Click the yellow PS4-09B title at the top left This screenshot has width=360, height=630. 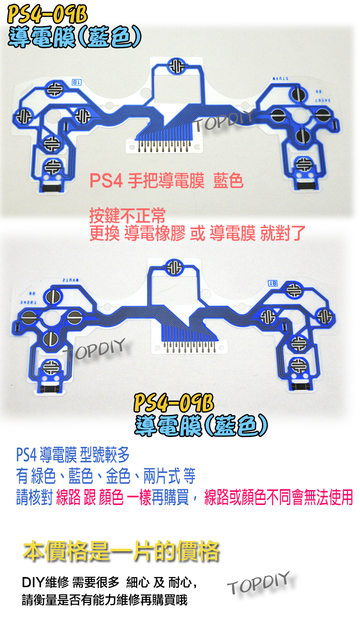tap(47, 15)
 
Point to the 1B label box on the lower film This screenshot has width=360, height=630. tap(273, 283)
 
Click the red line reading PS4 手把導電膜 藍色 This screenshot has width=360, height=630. tap(166, 181)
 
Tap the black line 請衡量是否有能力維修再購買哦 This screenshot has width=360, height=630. tap(104, 600)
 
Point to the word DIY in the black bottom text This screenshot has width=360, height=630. tap(32, 583)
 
